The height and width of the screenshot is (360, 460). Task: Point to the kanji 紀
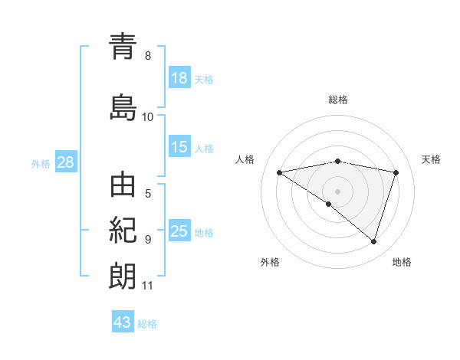pyautogui.click(x=123, y=231)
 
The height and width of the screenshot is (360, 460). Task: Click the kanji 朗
pyautogui.click(x=123, y=277)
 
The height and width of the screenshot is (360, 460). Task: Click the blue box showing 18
pyautogui.click(x=179, y=78)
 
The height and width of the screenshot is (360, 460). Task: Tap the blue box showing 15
pyautogui.click(x=179, y=147)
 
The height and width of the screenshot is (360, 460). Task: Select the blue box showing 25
pyautogui.click(x=179, y=231)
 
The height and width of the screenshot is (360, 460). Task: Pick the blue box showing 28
pyautogui.click(x=66, y=162)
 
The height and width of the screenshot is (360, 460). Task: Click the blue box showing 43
pyautogui.click(x=123, y=322)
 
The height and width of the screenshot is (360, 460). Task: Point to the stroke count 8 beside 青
pyautogui.click(x=148, y=56)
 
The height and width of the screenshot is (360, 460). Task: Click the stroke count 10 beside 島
pyautogui.click(x=148, y=116)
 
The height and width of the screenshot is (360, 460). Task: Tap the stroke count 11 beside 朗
pyautogui.click(x=148, y=286)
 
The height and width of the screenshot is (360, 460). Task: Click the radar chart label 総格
pyautogui.click(x=338, y=100)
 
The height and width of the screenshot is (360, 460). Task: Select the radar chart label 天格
pyautogui.click(x=432, y=159)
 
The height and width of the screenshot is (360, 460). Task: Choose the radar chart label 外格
pyautogui.click(x=270, y=262)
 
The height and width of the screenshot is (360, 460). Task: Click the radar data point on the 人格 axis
pyautogui.click(x=279, y=172)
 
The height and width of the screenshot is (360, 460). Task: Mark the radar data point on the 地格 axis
pyautogui.click(x=373, y=242)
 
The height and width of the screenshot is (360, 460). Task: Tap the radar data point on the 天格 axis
pyautogui.click(x=396, y=172)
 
